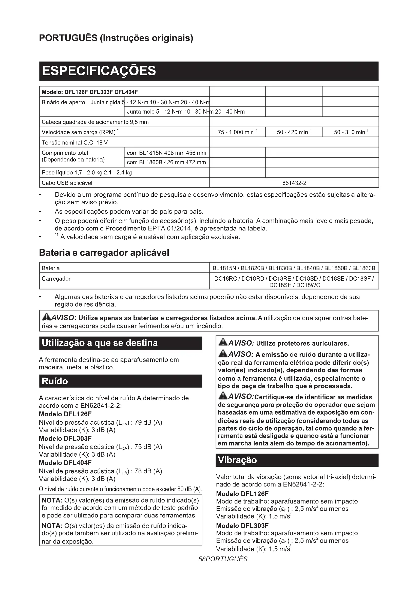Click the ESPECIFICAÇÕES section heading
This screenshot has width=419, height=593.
point(99,71)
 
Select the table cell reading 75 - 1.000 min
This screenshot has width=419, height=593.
point(237,132)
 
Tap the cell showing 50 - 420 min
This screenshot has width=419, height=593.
point(294,132)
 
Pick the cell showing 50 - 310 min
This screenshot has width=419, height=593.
point(351,132)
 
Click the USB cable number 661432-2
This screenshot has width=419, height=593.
point(294,183)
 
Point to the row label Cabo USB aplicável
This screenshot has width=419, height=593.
point(67,183)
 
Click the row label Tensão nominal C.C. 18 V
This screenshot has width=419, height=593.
point(74,142)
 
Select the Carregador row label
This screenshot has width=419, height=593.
point(56,279)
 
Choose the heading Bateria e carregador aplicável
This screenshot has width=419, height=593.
point(104,253)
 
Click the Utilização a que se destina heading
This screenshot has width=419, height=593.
point(100,343)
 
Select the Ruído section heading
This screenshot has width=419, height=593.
point(55,381)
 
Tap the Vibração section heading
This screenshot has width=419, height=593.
point(237,460)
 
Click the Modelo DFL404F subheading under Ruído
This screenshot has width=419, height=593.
point(65,463)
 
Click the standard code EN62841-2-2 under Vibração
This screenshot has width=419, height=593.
point(303,484)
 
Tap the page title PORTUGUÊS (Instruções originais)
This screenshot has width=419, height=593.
point(116,38)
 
